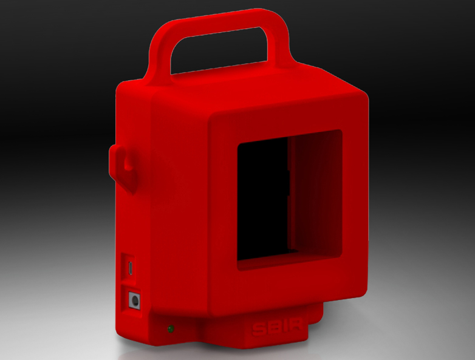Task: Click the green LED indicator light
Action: coord(171,329)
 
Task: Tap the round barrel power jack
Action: coord(134,301)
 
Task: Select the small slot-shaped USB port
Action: coord(131,268)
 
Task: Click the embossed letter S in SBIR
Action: coord(258,329)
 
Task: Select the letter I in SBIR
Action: coord(282,327)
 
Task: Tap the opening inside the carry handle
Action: coord(219,50)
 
